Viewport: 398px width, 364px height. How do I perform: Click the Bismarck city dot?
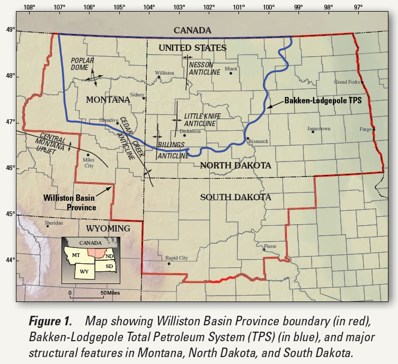[x=247, y=138]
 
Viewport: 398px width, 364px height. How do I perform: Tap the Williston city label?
[x=164, y=73]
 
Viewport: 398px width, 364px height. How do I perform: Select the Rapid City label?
[x=176, y=258]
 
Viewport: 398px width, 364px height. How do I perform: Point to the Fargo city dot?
[x=374, y=129]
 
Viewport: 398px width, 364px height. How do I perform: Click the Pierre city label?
[x=270, y=246]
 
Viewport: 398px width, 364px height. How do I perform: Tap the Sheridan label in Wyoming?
[x=54, y=223]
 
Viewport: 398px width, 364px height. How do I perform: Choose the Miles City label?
[x=87, y=163]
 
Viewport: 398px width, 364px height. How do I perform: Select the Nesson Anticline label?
[x=204, y=68]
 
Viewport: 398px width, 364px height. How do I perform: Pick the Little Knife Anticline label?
[x=200, y=120]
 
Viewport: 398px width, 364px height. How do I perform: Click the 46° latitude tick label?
[x=9, y=168]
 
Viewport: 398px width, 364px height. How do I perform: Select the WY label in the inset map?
[x=84, y=271]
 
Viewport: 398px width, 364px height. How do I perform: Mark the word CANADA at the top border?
[x=192, y=31]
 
